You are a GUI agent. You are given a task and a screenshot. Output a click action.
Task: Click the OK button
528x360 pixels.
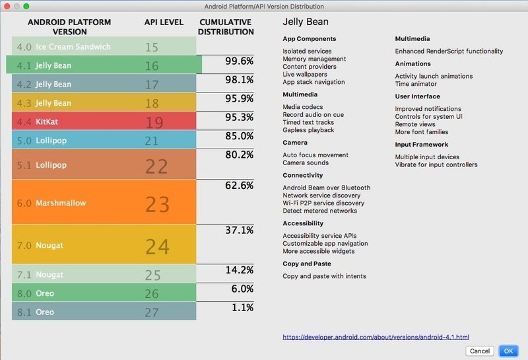[508, 351]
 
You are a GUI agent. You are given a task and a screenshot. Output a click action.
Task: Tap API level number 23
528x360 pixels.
[157, 204]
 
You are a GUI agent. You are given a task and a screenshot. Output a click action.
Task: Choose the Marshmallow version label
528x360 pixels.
[61, 203]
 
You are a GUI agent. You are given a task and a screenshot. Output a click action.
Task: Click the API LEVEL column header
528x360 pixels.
[164, 22]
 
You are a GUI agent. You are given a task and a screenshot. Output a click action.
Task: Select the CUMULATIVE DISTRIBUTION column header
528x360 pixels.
[226, 26]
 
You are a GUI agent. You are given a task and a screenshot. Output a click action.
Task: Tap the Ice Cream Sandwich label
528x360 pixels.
[73, 47]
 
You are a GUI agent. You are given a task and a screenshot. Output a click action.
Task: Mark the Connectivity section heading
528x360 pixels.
[302, 175]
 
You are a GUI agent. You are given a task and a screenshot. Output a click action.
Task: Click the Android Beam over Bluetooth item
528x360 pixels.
[326, 188]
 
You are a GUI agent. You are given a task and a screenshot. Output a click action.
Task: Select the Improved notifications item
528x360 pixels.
[428, 109]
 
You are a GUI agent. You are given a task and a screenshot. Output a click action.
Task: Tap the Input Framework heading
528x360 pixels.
[421, 144]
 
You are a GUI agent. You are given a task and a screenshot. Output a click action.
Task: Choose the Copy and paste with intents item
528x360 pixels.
[324, 276]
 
